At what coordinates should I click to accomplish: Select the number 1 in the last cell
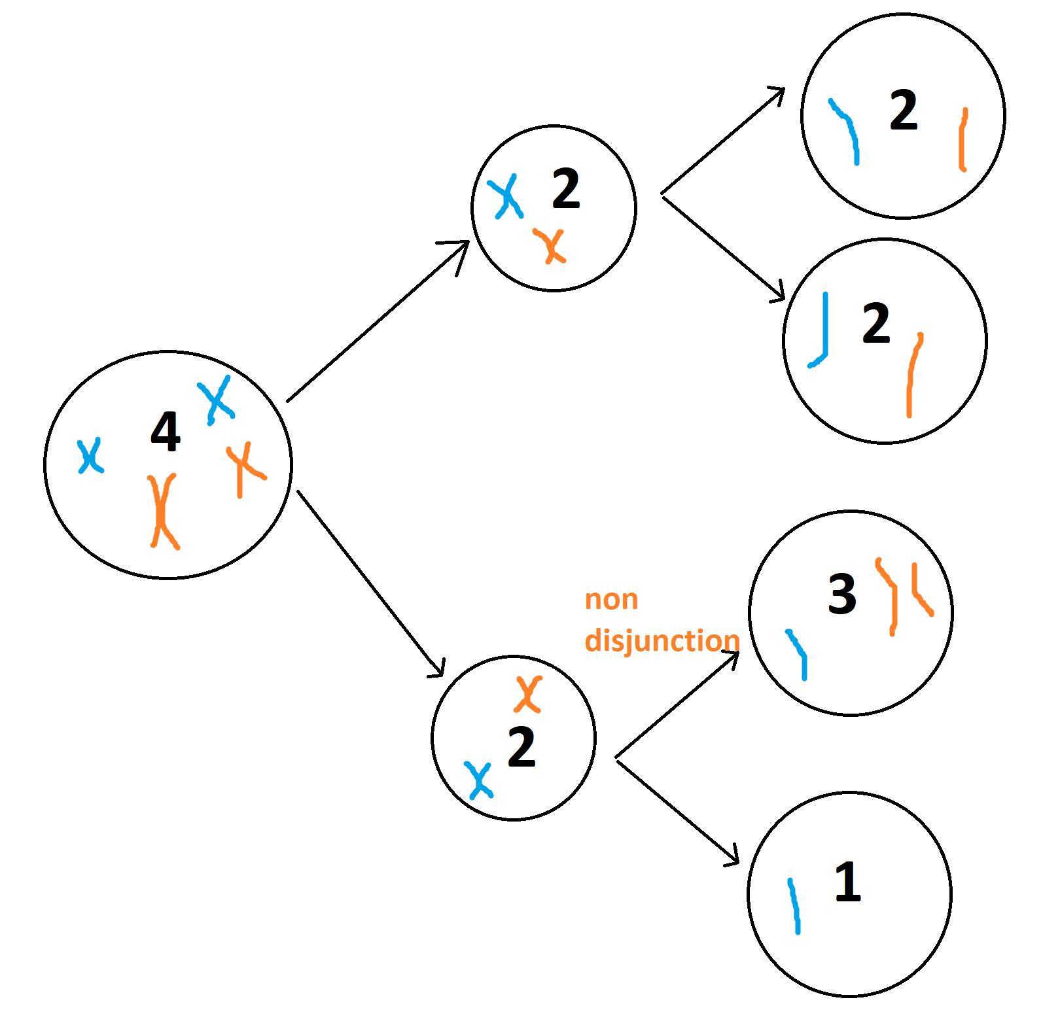click(847, 882)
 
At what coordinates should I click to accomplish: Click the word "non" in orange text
click(611, 600)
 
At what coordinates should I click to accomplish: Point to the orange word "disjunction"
click(662, 640)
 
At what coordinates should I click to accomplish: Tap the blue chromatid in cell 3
click(798, 654)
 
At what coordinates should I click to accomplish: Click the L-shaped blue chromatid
click(822, 334)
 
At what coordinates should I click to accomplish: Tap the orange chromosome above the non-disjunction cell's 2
click(527, 694)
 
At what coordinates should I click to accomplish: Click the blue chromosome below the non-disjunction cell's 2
click(479, 780)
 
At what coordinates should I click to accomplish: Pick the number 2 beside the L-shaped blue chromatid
click(876, 323)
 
